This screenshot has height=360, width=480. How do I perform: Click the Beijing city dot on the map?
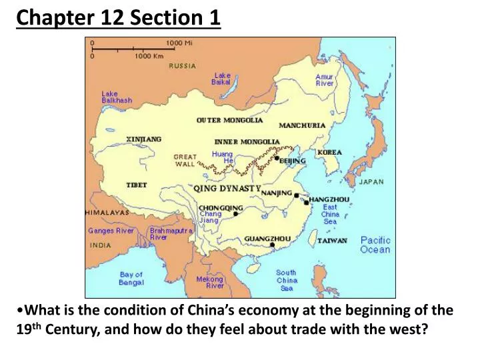tap(277, 159)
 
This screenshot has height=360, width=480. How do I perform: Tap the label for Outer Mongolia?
tap(229, 121)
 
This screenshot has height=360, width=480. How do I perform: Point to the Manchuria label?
tap(302, 125)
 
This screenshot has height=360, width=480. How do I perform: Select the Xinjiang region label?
tap(144, 139)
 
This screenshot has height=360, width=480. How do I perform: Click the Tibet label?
tap(137, 185)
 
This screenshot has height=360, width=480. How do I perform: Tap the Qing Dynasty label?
tap(227, 189)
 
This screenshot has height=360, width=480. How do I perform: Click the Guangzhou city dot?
tap(272, 245)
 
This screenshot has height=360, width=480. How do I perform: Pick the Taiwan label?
tap(331, 241)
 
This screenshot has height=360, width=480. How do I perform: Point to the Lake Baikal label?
tap(221, 79)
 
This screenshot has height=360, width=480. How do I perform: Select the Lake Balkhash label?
tap(117, 97)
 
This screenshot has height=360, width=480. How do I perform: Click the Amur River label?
tap(325, 80)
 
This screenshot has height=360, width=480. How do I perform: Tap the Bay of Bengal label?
tap(131, 278)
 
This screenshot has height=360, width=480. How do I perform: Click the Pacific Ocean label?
tap(375, 245)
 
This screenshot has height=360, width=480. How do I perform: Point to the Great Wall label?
tap(185, 160)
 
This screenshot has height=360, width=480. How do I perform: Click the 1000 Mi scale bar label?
tap(179, 43)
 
